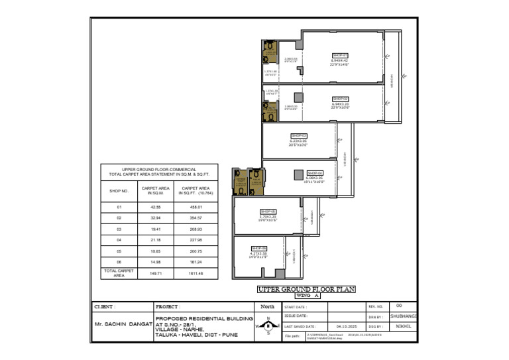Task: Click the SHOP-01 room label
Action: pyautogui.click(x=339, y=55)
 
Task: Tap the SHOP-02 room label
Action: pyautogui.click(x=340, y=99)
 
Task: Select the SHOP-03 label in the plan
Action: pyautogui.click(x=298, y=135)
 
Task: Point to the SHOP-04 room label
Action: pyautogui.click(x=315, y=172)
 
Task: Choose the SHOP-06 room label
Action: pyautogui.click(x=258, y=248)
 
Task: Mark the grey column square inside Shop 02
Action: pyautogui.click(x=298, y=97)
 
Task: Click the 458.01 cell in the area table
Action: pyautogui.click(x=196, y=207)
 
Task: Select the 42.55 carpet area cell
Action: pyautogui.click(x=157, y=207)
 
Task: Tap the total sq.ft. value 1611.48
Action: pyautogui.click(x=196, y=273)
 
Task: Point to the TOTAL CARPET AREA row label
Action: pyautogui.click(x=119, y=272)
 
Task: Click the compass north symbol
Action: pyautogui.click(x=268, y=327)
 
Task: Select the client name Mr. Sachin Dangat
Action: pyautogui.click(x=123, y=324)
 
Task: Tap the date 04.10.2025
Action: pyautogui.click(x=346, y=326)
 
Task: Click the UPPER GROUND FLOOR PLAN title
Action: pyautogui.click(x=306, y=289)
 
